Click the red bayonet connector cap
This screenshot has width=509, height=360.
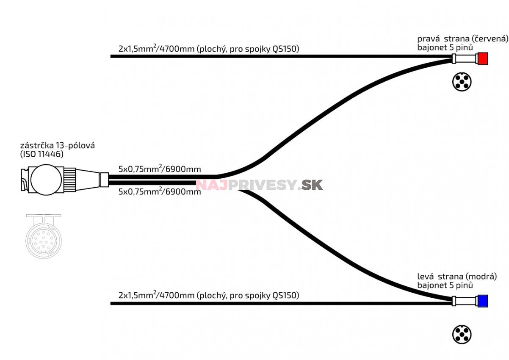482,58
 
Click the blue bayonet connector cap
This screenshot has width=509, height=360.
482,301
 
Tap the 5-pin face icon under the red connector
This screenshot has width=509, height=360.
462,81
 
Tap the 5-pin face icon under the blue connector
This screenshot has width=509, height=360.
462,335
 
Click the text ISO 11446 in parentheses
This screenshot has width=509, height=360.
42,154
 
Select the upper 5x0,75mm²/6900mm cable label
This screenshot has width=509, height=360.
160,169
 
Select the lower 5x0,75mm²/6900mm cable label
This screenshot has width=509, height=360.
160,191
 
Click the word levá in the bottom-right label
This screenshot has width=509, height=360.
426,277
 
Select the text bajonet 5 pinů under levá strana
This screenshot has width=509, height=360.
445,285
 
